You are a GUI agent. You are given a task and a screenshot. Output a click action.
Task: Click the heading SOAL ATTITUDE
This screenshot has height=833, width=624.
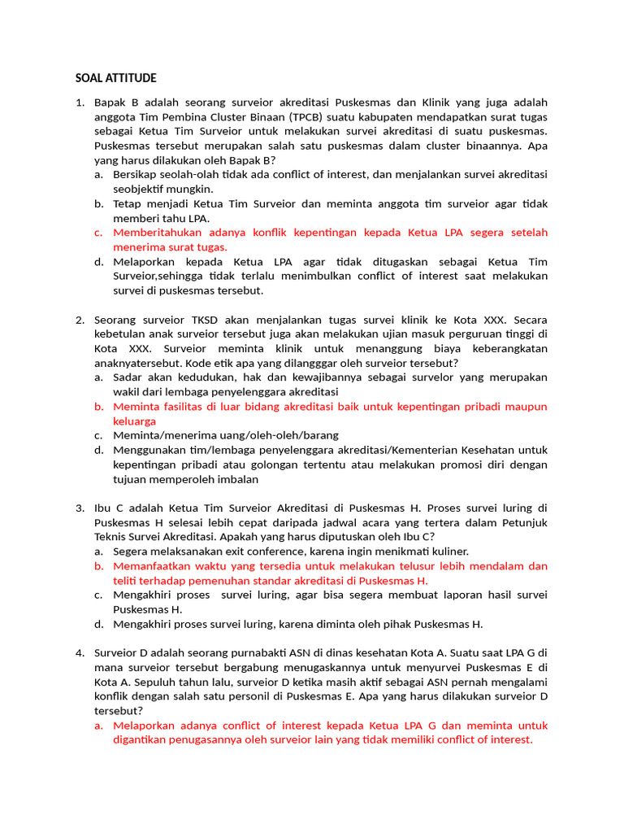pyautogui.click(x=115, y=78)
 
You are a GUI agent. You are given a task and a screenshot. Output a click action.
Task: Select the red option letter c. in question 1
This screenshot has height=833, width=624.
pyautogui.click(x=97, y=233)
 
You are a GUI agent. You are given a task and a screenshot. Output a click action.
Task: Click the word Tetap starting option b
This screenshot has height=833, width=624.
pyautogui.click(x=128, y=203)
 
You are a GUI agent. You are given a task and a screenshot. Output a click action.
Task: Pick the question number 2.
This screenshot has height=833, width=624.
pyautogui.click(x=80, y=320)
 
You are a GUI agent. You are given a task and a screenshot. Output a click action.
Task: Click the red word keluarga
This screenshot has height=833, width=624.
pyautogui.click(x=135, y=421)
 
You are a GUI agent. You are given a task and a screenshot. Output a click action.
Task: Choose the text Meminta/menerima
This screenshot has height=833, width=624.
pyautogui.click(x=162, y=435)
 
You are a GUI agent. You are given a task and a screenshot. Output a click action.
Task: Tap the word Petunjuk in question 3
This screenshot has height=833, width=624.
pyautogui.click(x=526, y=522)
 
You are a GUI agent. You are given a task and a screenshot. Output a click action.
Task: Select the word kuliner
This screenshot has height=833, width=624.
pyautogui.click(x=444, y=552)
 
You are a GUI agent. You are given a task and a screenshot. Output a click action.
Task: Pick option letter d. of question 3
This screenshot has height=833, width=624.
pyautogui.click(x=97, y=624)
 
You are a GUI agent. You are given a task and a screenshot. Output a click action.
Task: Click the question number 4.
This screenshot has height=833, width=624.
pyautogui.click(x=80, y=652)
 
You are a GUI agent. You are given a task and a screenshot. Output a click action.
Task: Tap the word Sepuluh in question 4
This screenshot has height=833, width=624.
pyautogui.click(x=160, y=682)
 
